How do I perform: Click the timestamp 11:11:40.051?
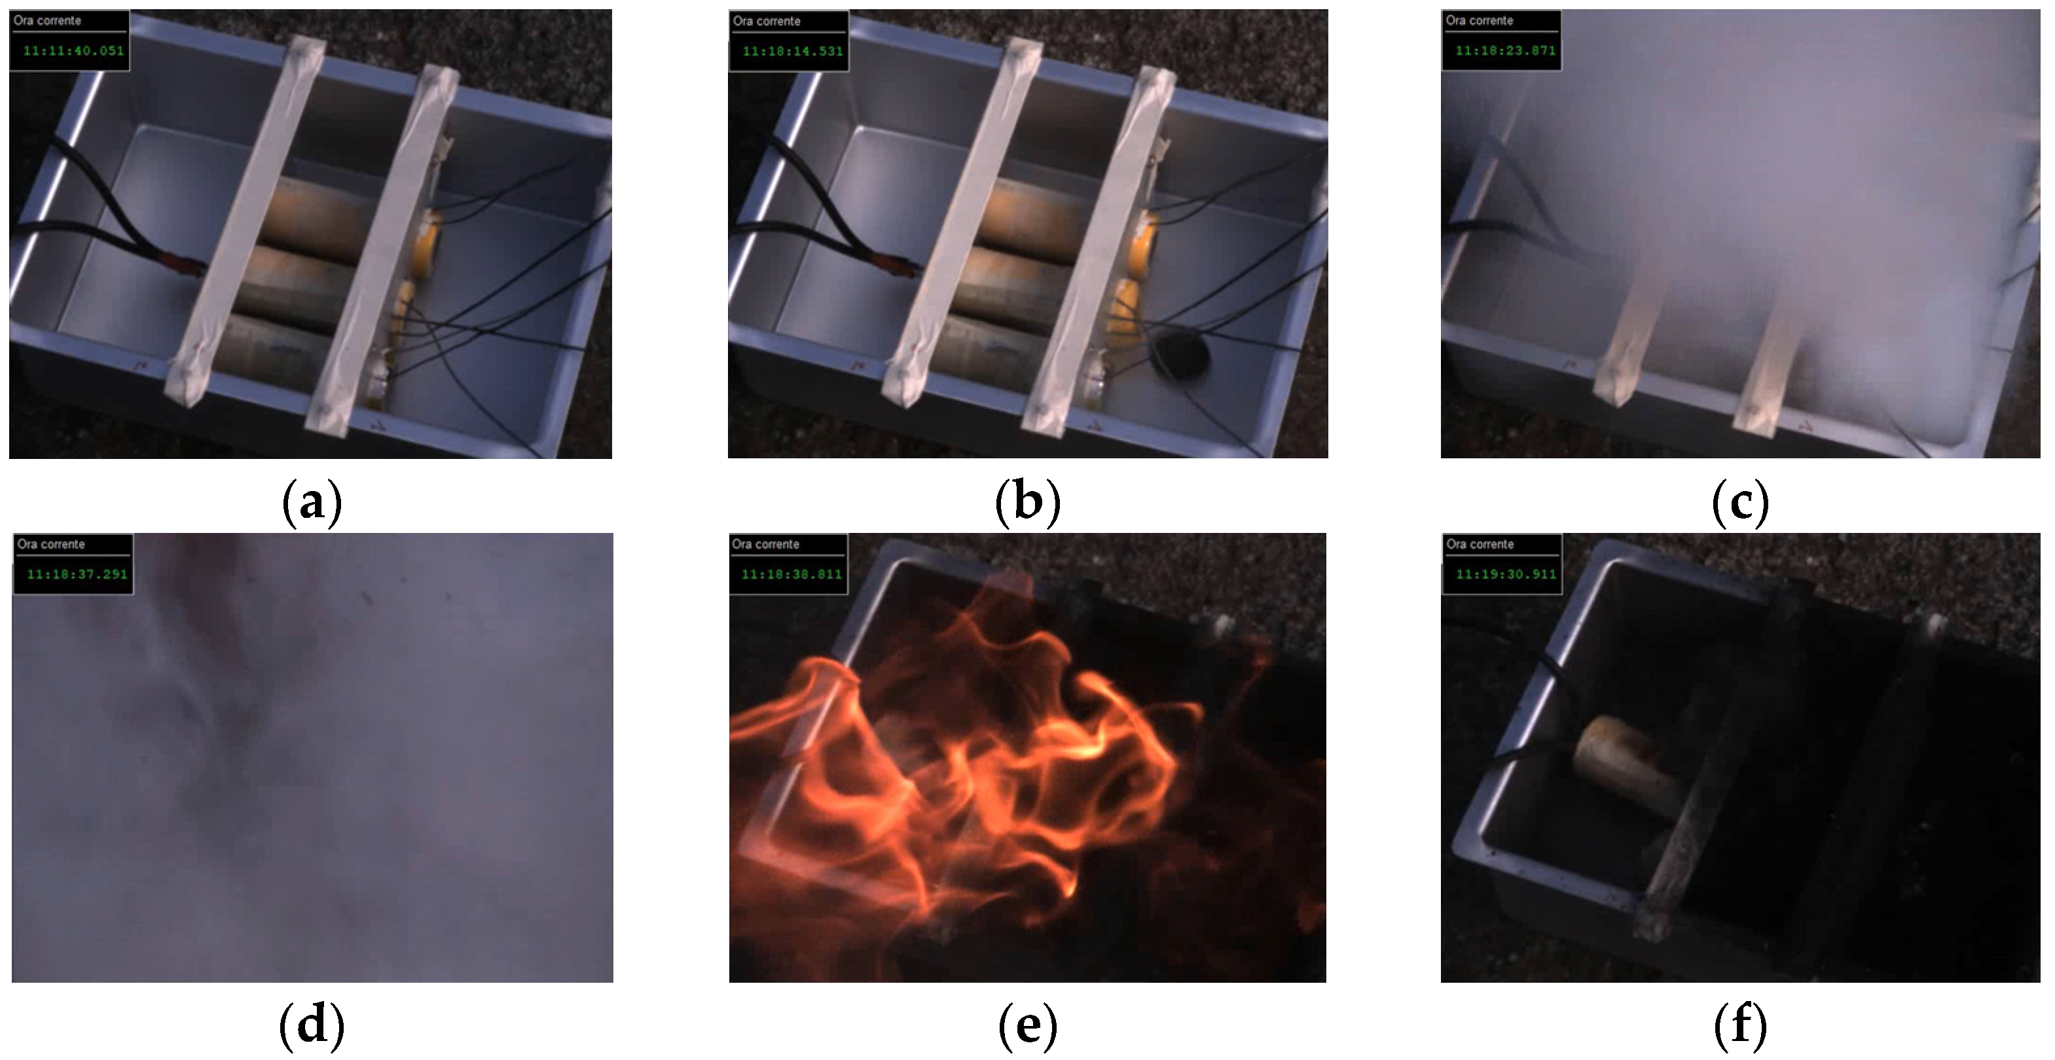point(73,51)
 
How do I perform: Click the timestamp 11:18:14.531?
point(793,51)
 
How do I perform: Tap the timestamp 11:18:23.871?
point(1505,50)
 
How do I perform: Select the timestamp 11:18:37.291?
point(77,574)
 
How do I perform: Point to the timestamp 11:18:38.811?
point(792,574)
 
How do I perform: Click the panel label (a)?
point(312,502)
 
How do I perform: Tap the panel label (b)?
point(1028,502)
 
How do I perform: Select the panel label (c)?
point(1741,502)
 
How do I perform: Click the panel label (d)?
point(312,1026)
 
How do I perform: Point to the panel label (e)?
point(1028,1026)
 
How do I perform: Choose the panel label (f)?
point(1741,1026)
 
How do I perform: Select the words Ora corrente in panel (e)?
point(766,544)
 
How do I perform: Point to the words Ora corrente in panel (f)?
point(1480,544)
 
